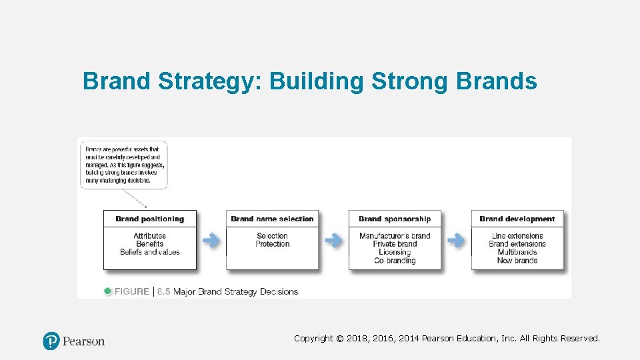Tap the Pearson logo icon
pos(51,341)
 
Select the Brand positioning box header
pos(149,219)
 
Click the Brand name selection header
pos(272,219)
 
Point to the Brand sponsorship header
pos(395,219)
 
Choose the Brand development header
pos(517,219)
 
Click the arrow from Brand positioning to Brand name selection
pos(211,241)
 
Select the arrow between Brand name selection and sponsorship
pos(334,241)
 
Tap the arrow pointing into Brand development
pos(457,241)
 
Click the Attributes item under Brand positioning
pos(149,235)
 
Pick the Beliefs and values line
pos(149,252)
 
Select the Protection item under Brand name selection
pos(272,244)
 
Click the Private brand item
pos(395,244)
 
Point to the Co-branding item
pos(395,261)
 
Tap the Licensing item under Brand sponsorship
pos(395,252)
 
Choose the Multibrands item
pos(517,252)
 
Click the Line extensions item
pos(517,235)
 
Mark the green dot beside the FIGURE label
pos(108,291)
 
